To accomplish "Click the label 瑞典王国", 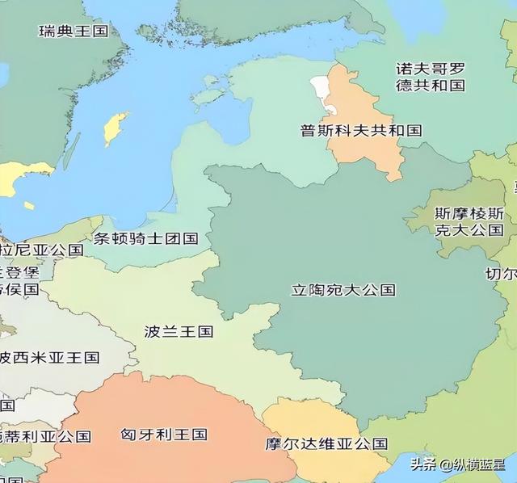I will click(74, 31).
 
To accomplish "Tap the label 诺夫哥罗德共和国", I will click(431, 76).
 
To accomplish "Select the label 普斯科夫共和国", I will click(361, 130).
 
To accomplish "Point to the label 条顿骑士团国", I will click(145, 238).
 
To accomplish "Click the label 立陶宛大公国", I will click(343, 289).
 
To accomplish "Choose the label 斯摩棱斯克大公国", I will click(469, 221).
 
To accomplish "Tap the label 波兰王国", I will click(179, 331).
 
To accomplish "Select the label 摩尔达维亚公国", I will click(326, 443).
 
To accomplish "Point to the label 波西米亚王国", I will click(49, 357).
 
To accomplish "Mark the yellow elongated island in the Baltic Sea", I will click(116, 128).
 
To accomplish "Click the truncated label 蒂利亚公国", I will click(45, 436).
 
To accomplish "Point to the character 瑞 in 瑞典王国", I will click(47, 31).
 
